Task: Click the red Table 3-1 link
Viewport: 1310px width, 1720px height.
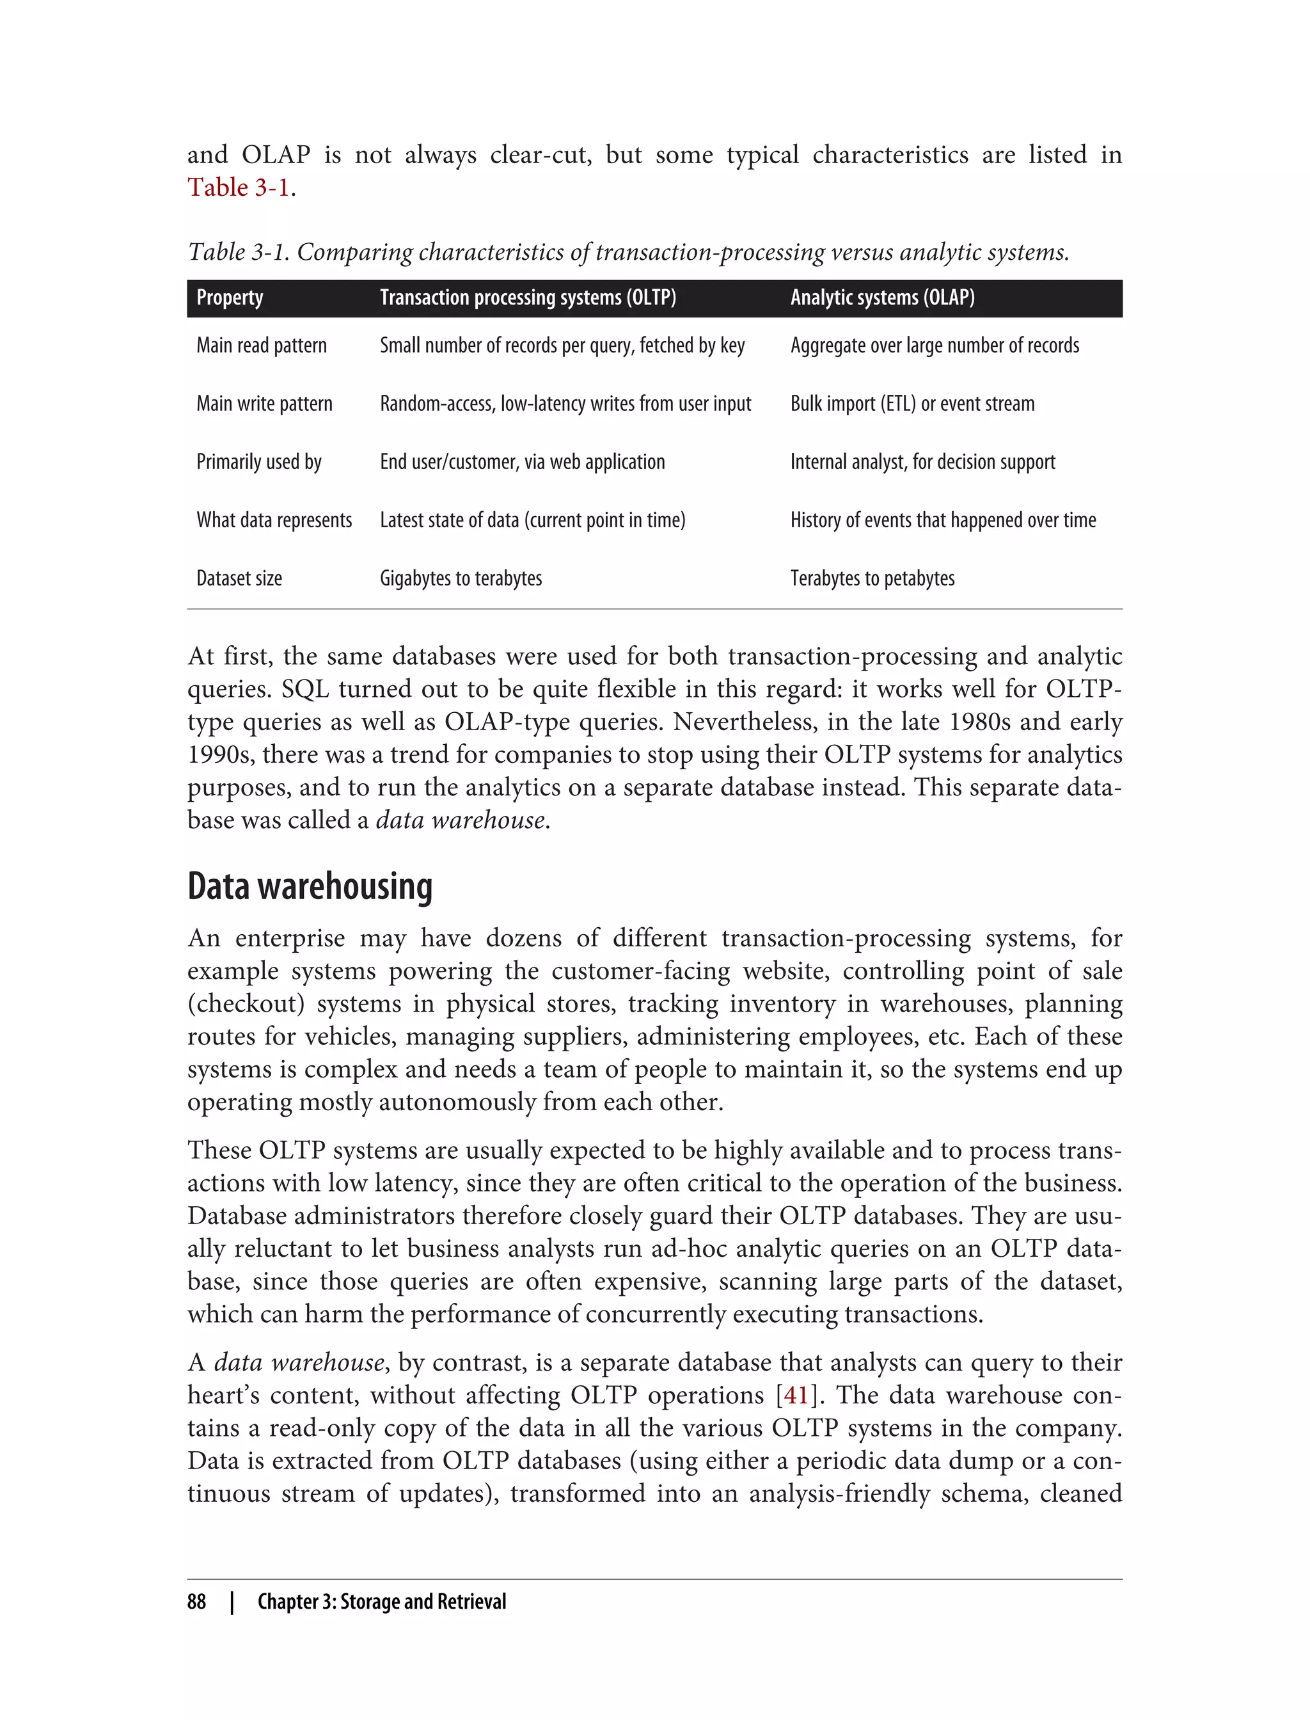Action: (239, 188)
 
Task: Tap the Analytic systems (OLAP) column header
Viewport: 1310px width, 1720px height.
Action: (882, 298)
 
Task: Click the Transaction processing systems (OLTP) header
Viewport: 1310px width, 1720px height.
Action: (528, 298)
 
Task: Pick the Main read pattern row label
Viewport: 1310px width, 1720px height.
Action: (261, 346)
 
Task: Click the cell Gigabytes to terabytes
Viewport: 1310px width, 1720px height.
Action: (460, 579)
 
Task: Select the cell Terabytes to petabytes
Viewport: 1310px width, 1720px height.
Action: (872, 579)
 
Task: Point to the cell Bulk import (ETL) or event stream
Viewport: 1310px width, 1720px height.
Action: (912, 404)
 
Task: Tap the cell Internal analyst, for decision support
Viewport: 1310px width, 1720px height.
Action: (922, 463)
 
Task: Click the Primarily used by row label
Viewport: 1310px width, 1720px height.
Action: (259, 463)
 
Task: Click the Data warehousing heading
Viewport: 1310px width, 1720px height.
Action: (310, 887)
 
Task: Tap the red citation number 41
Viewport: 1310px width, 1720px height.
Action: (795, 1396)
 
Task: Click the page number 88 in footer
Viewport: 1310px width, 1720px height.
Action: (196, 1602)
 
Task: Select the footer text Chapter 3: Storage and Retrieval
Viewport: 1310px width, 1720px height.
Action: (381, 1602)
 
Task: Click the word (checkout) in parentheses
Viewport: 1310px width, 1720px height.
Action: (245, 1003)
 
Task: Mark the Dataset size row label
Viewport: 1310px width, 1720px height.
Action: (239, 579)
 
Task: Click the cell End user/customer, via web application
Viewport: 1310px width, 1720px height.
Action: (522, 463)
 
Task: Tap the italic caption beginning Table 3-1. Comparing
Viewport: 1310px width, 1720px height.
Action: (627, 252)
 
